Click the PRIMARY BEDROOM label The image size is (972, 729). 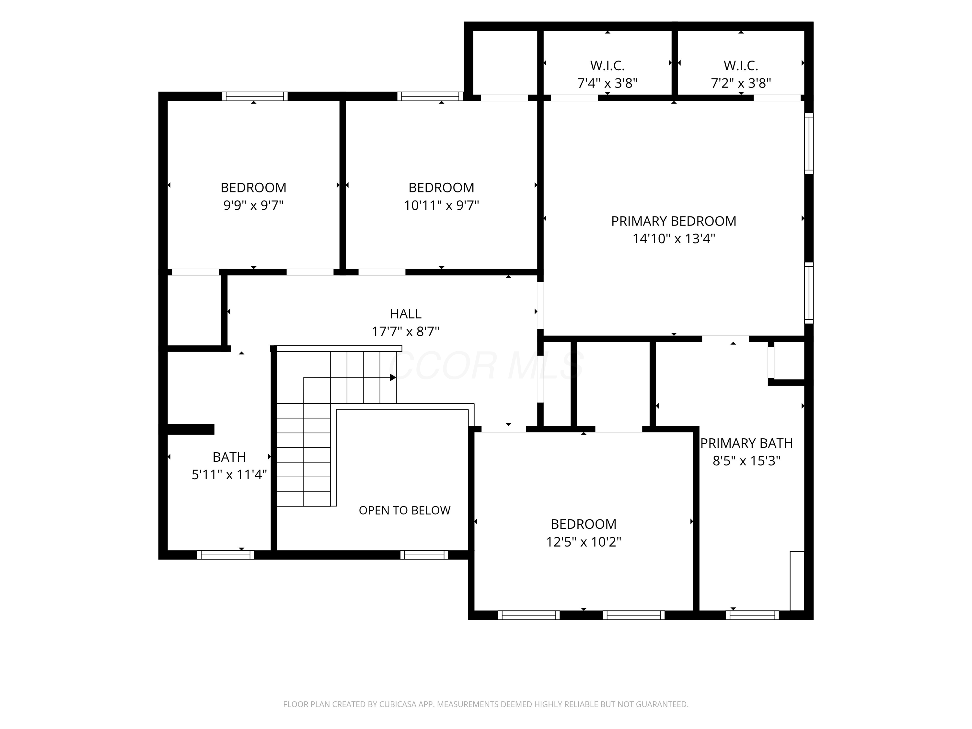tap(674, 221)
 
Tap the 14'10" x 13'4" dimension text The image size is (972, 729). tap(674, 238)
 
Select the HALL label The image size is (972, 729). tap(406, 314)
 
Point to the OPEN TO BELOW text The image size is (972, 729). tap(405, 510)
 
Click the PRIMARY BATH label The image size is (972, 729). tap(746, 443)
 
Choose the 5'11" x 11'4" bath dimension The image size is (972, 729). tap(229, 475)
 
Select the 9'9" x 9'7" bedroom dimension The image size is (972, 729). tap(254, 205)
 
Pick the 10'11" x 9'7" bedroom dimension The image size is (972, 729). tap(442, 205)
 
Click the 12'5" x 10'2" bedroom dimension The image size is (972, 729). tap(584, 542)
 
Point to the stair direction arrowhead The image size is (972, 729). tap(393, 377)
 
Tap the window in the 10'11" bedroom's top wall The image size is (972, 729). tap(430, 96)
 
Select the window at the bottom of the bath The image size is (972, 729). tap(226, 555)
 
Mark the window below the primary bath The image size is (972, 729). tap(752, 615)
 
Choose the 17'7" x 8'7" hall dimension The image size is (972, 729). tap(406, 331)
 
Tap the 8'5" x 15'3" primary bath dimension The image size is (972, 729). tap(746, 461)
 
